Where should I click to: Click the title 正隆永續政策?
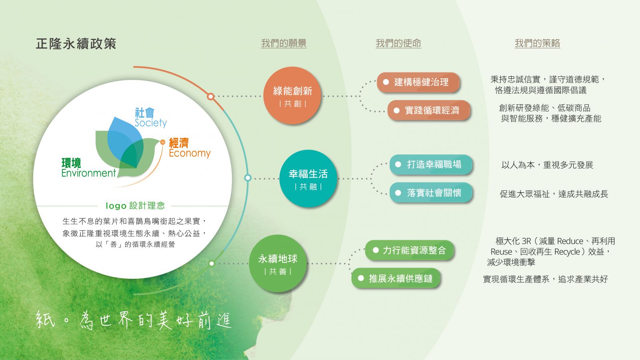(x=76, y=44)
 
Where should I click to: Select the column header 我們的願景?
(x=284, y=44)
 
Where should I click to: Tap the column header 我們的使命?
(x=398, y=44)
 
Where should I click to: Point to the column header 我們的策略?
(x=538, y=44)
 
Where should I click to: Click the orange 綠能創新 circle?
(x=292, y=96)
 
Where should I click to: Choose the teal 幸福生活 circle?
(x=308, y=178)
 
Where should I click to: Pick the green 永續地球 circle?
(x=278, y=264)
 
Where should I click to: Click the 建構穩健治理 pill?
(x=418, y=82)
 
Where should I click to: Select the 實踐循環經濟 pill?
(x=428, y=110)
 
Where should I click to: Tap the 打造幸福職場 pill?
(x=431, y=164)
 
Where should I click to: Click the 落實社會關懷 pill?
(x=431, y=193)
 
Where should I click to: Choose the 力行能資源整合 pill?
(x=410, y=250)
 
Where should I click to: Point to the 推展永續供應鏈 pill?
(x=396, y=278)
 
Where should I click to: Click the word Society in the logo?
(x=150, y=123)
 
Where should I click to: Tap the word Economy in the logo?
(x=190, y=153)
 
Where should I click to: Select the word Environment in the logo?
(x=88, y=173)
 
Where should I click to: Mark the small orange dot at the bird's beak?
(x=162, y=142)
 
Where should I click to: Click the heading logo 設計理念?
(x=135, y=206)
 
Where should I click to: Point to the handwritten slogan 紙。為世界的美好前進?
(x=134, y=320)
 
